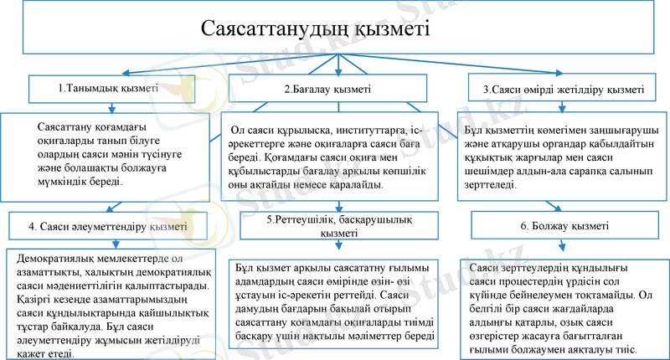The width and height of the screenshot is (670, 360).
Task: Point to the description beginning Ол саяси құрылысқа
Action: point(336,158)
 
